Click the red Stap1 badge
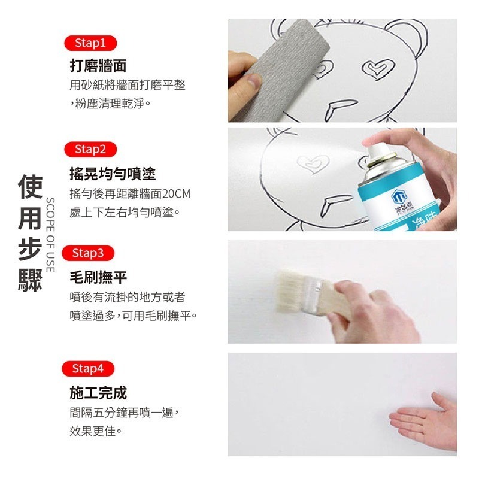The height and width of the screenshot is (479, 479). pos(90,43)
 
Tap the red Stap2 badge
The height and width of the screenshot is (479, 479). pos(90,149)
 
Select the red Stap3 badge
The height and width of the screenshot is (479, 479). pos(88,253)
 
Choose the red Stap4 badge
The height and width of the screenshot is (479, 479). pos(88,369)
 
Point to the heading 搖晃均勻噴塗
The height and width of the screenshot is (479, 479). pos(113,174)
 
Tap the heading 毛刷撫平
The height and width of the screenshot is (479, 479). pos(98,277)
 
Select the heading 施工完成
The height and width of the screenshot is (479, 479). pos(98,393)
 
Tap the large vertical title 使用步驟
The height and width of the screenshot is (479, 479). pos(30,234)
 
